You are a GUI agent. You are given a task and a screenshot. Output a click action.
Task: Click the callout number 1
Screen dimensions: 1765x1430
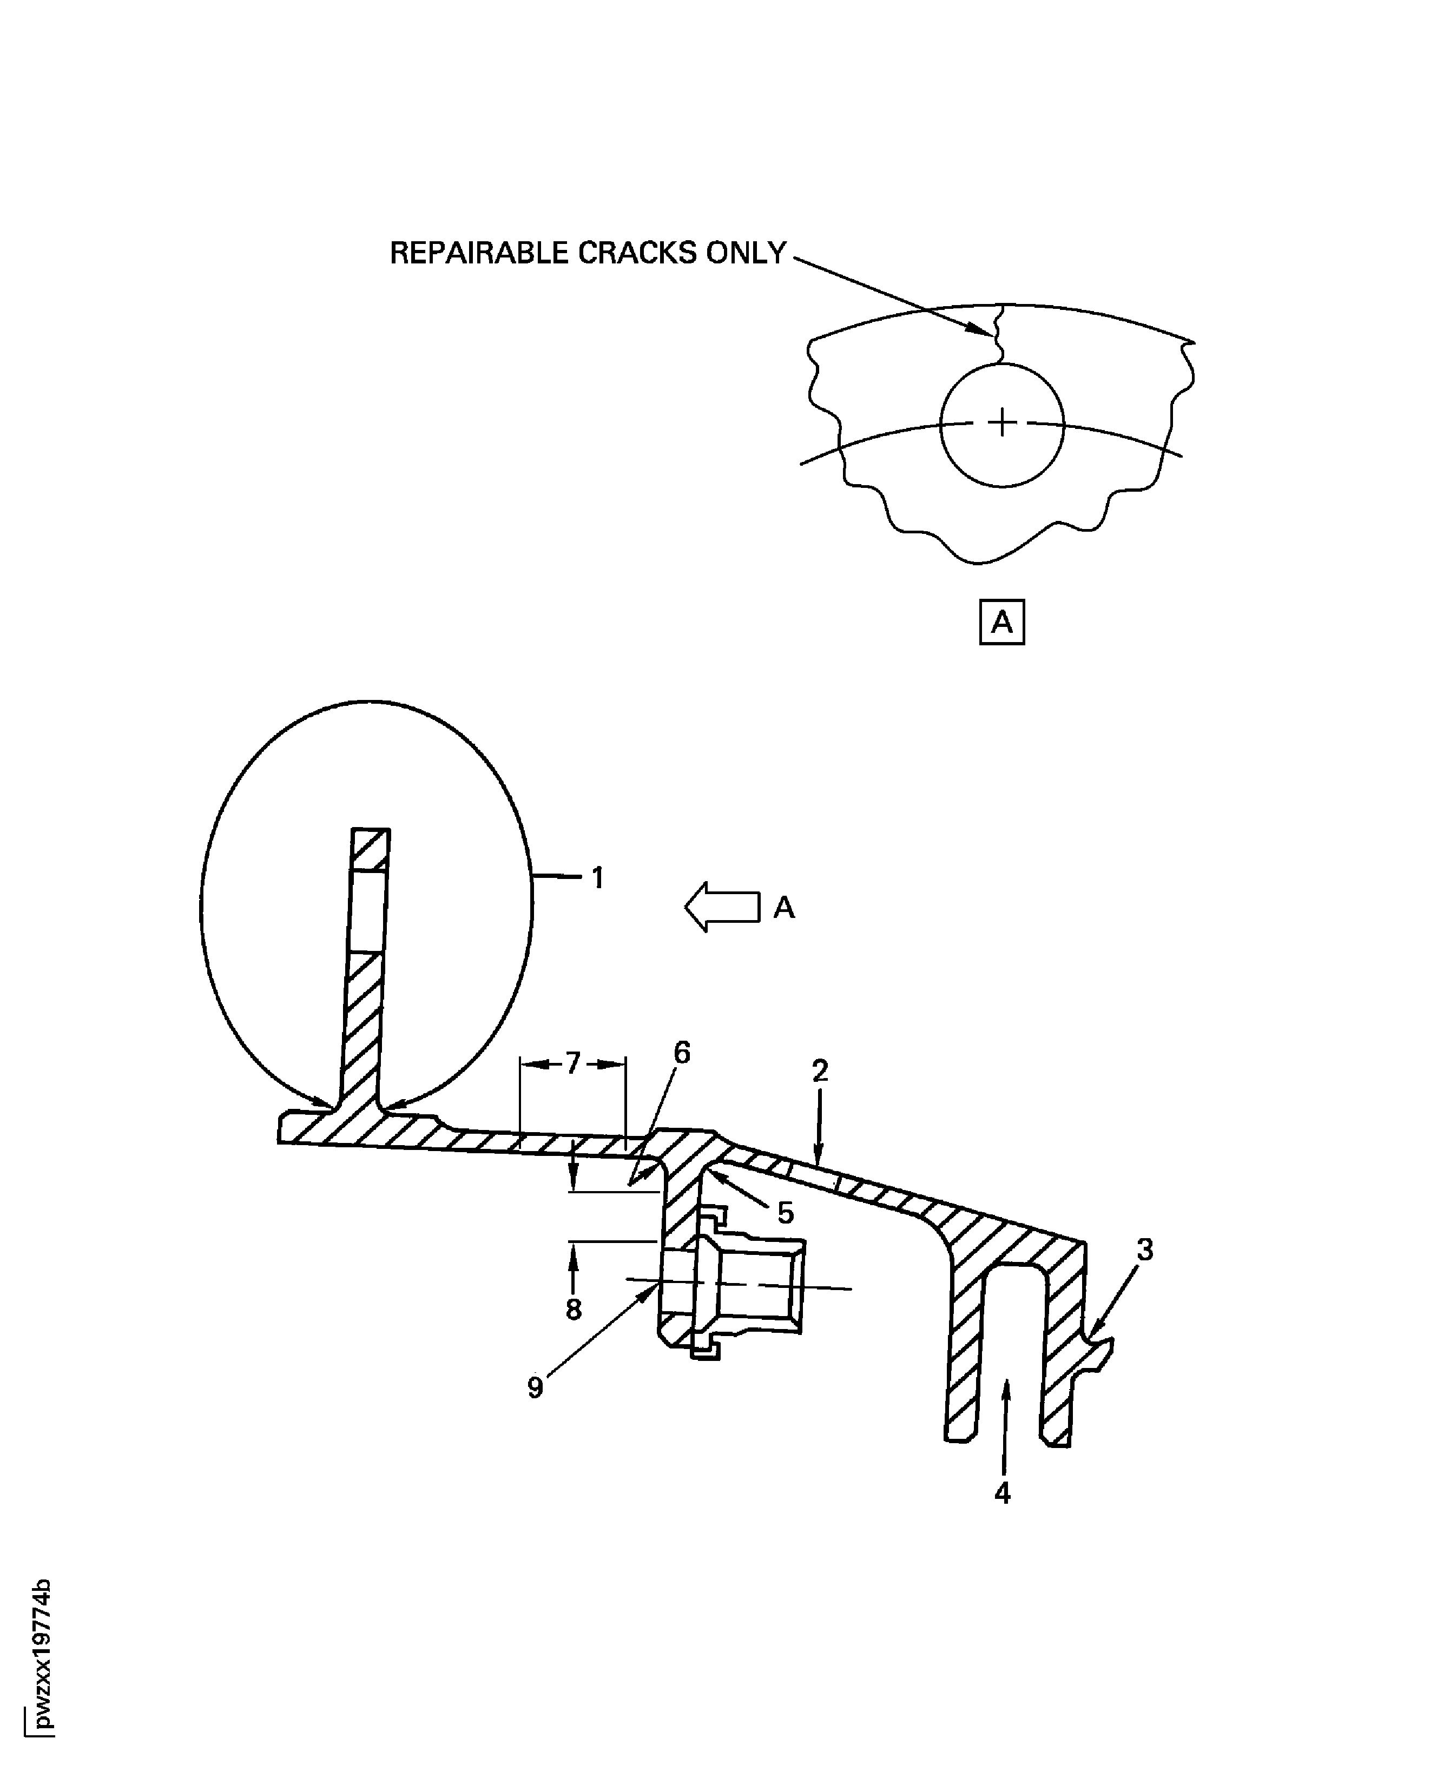(x=598, y=879)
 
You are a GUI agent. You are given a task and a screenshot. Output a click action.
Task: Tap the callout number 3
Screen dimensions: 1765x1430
(x=1145, y=1250)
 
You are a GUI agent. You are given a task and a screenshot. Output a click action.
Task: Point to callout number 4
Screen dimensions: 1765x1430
(x=1003, y=1492)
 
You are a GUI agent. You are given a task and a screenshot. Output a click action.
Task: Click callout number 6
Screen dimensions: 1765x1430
(x=682, y=1053)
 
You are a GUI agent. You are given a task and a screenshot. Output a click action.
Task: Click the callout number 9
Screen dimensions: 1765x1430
(x=536, y=1388)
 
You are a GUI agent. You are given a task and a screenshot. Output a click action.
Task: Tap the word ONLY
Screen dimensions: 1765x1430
(x=746, y=253)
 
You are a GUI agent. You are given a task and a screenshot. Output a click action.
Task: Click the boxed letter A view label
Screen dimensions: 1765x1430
(x=1001, y=622)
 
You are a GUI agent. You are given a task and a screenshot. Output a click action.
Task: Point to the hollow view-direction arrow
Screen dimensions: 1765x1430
(x=722, y=907)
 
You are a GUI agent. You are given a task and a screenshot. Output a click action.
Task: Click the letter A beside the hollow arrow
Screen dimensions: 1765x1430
(x=784, y=908)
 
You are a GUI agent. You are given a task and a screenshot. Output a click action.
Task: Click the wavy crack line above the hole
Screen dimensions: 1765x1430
(x=998, y=334)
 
